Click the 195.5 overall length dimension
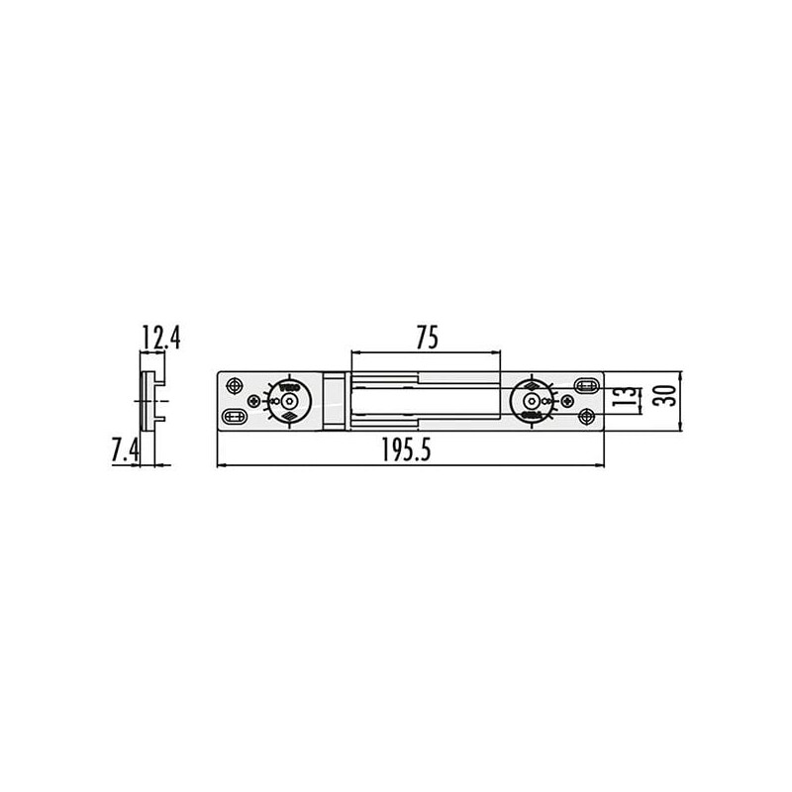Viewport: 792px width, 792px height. click(x=409, y=450)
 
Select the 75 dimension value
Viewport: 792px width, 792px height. click(x=426, y=338)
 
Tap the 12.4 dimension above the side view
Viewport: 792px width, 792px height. click(x=160, y=339)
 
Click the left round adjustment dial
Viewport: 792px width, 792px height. click(x=289, y=401)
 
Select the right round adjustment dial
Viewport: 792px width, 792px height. click(x=533, y=401)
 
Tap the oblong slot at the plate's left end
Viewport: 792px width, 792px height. click(x=236, y=417)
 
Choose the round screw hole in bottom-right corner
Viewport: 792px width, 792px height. click(x=587, y=417)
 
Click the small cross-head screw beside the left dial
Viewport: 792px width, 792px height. click(x=256, y=401)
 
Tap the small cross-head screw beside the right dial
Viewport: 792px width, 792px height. click(x=565, y=401)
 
